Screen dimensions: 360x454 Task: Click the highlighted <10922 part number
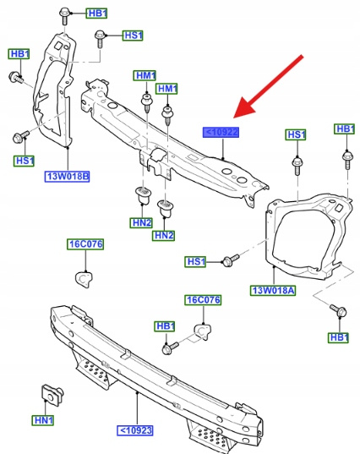point(221,133)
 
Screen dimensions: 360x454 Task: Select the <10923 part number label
point(135,430)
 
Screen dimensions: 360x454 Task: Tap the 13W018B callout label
point(67,177)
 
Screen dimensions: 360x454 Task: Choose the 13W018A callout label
point(273,290)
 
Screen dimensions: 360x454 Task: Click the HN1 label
point(43,420)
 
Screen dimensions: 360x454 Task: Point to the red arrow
point(268,86)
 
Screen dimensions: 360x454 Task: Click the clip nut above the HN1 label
point(52,395)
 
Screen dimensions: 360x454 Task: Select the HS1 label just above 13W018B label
point(24,161)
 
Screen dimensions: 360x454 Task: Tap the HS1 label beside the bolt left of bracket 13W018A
point(195,262)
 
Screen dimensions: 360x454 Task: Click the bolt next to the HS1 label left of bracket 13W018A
point(231,260)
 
